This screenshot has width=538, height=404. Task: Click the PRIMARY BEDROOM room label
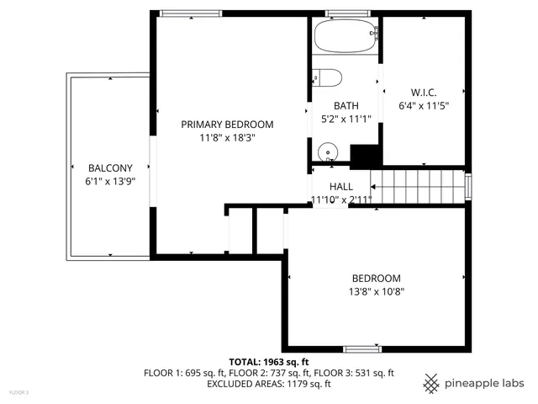(x=227, y=124)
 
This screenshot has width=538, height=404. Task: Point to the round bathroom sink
(x=328, y=152)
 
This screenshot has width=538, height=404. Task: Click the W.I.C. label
(x=423, y=92)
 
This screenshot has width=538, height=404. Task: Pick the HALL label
(x=341, y=186)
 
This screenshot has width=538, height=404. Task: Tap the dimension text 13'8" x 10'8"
(x=376, y=292)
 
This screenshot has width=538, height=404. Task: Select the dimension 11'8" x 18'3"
(x=227, y=137)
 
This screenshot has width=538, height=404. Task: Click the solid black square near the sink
(x=365, y=156)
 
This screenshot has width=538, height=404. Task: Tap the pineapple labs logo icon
(x=431, y=382)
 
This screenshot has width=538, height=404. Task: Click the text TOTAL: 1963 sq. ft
(x=268, y=360)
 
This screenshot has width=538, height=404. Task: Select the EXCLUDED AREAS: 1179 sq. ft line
(x=268, y=384)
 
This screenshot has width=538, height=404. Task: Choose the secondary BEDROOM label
(x=376, y=278)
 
